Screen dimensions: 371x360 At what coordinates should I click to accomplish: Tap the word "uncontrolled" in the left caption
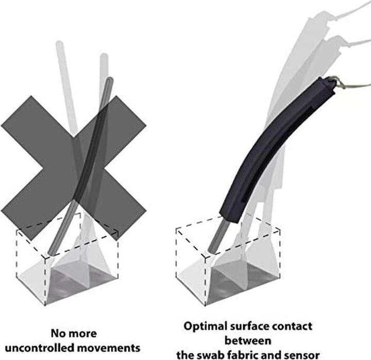coord(40,348)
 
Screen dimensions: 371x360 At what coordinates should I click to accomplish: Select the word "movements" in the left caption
coord(109,348)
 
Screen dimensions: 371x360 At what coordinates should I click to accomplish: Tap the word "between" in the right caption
coord(248,341)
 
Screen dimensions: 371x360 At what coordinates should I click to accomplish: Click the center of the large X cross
coord(74,168)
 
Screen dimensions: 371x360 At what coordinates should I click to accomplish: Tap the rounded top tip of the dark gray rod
coord(110,80)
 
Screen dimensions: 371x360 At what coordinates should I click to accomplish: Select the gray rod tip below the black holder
coord(211,250)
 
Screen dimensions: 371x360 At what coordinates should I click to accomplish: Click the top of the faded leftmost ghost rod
coord(59,44)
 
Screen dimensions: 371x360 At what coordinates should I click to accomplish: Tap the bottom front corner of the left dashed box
coord(45,305)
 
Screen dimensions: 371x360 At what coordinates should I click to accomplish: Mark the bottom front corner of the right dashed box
coord(205,305)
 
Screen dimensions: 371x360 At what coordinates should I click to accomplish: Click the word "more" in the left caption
coord(82,334)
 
